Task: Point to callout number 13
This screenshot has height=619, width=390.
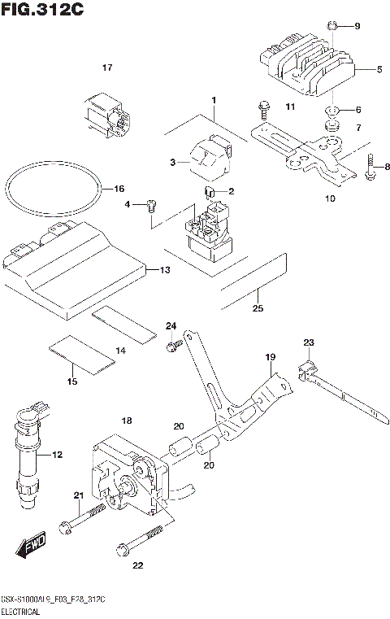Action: click(164, 269)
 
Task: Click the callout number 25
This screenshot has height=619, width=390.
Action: click(258, 308)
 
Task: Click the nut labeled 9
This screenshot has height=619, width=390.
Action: click(332, 27)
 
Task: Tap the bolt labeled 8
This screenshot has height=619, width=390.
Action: click(370, 167)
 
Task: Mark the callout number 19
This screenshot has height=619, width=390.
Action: click(271, 357)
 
